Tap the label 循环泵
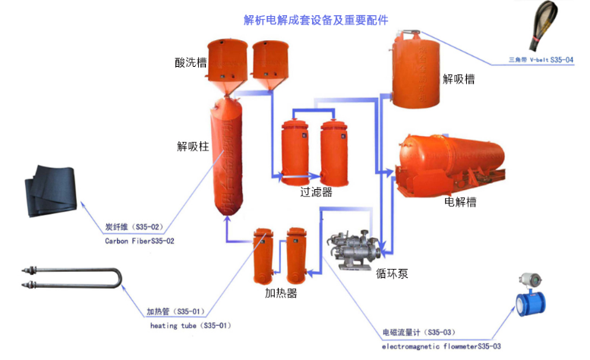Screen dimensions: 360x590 point(393,273)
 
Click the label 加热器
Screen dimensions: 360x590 point(280,292)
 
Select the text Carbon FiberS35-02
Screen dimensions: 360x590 point(140,241)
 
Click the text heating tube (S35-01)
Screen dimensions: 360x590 point(186,325)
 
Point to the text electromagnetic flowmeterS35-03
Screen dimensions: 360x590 point(441,346)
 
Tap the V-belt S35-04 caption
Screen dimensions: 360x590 point(541,58)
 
